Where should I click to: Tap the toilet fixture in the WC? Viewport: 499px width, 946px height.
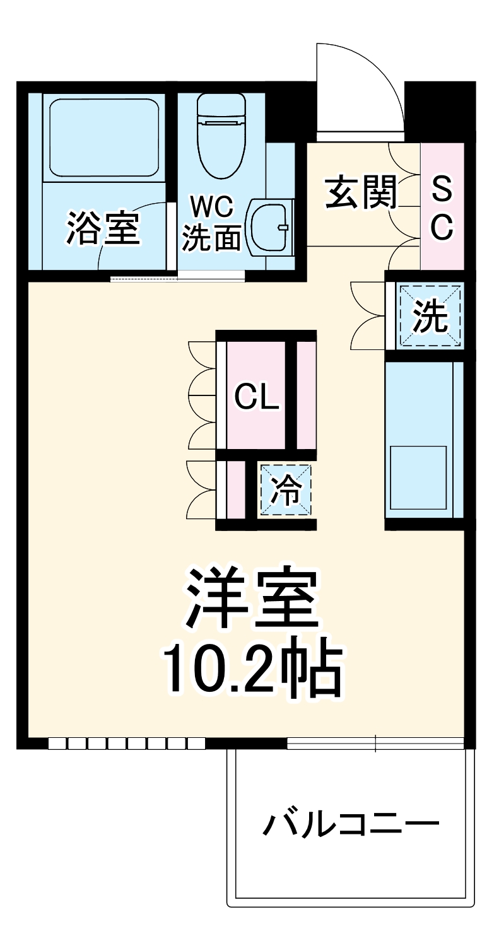(220, 136)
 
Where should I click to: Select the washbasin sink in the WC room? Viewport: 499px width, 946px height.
(271, 227)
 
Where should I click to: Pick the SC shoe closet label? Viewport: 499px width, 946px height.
(442, 207)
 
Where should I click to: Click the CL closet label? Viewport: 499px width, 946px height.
(257, 397)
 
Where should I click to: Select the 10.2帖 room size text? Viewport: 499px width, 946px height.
(252, 670)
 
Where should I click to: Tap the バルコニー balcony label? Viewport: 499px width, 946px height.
(350, 824)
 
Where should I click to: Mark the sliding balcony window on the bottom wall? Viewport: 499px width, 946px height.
(376, 744)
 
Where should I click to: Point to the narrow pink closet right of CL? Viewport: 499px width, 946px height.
(306, 395)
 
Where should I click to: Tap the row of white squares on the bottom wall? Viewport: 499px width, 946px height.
(127, 744)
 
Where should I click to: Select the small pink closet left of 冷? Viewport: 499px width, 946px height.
(235, 490)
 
